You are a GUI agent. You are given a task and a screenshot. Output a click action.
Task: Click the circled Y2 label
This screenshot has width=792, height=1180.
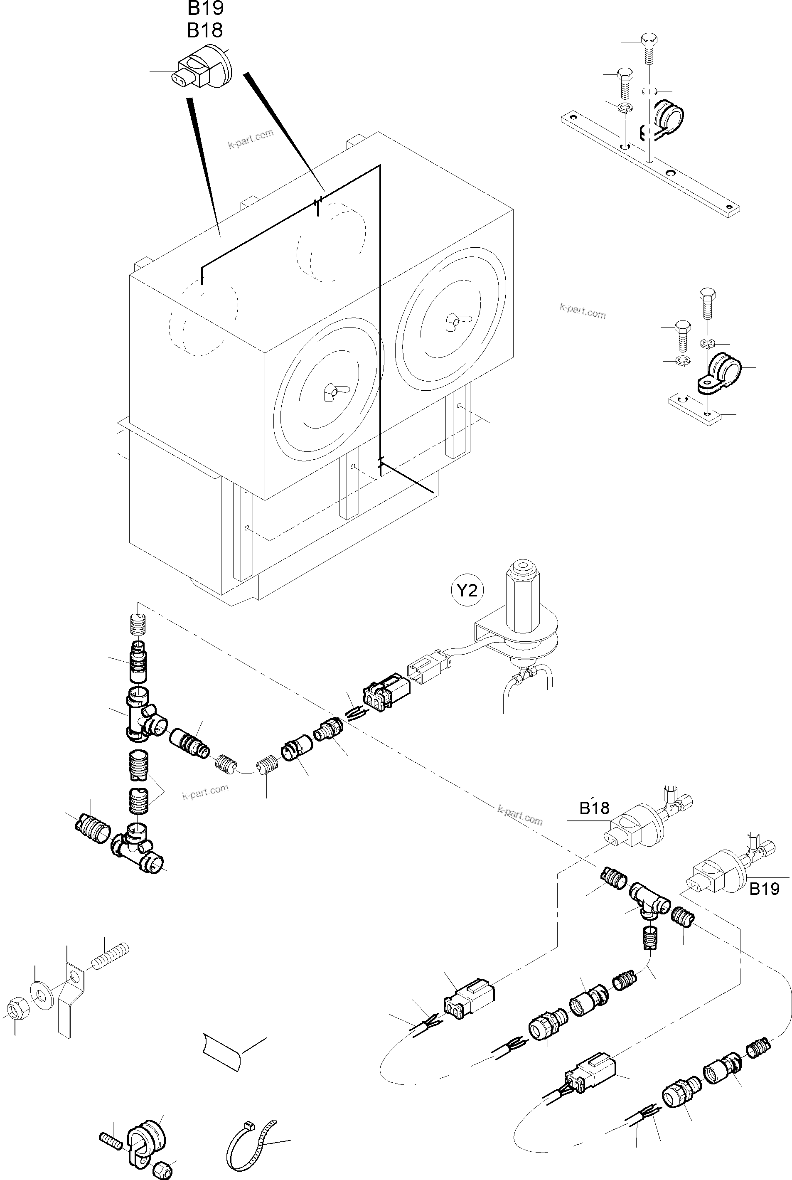point(467,590)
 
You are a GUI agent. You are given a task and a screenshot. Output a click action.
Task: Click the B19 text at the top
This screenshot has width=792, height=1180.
point(206,9)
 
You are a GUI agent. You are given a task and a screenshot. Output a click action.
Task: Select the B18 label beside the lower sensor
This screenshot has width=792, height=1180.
point(594,808)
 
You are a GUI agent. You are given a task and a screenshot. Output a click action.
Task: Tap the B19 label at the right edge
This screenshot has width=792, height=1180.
point(764,889)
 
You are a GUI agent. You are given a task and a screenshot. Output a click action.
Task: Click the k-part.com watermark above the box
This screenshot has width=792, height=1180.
point(251,138)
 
